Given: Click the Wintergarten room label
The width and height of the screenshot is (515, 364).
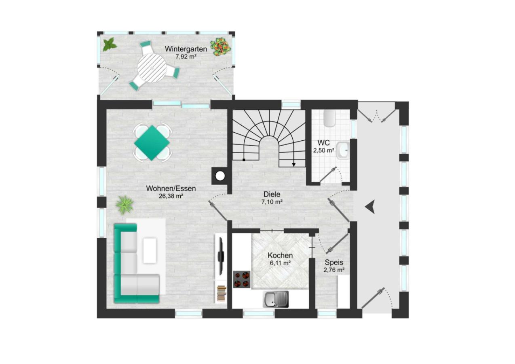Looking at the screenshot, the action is (186, 49).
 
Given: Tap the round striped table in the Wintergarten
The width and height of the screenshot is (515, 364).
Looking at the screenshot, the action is (152, 68).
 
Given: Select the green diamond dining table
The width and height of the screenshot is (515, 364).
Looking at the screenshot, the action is (152, 143).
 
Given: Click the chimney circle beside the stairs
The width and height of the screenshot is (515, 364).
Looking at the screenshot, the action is (220, 176).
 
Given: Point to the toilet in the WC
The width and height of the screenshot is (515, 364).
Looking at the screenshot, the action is (329, 118).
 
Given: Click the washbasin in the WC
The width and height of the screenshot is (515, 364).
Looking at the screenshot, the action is (343, 150).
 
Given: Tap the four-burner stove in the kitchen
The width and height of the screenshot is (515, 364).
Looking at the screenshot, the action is (242, 279).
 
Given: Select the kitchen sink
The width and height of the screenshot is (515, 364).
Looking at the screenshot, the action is (276, 299).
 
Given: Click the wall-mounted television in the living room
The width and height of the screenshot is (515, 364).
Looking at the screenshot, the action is (221, 256).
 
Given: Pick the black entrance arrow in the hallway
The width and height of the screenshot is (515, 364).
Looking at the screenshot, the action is (370, 207).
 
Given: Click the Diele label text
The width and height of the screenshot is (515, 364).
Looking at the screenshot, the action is (272, 194).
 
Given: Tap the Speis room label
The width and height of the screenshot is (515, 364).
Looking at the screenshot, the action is (334, 262).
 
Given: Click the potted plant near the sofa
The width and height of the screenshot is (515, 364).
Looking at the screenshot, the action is (125, 205).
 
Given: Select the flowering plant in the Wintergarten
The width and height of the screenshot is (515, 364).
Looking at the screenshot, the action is (220, 47).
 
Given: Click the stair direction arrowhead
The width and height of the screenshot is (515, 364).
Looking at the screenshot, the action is (293, 165).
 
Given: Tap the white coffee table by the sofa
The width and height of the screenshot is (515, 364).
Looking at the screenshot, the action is (150, 251).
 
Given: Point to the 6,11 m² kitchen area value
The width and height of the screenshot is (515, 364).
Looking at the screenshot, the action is (280, 263).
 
